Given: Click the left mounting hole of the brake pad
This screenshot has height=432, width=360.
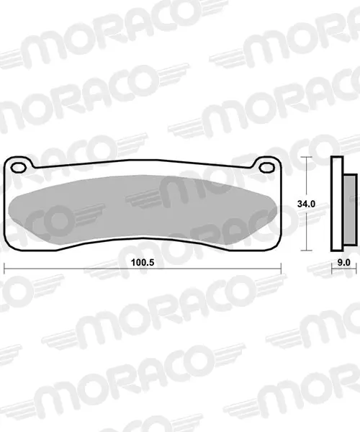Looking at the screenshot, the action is tap(19, 167).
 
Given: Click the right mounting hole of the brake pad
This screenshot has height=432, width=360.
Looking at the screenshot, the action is tap(267, 167).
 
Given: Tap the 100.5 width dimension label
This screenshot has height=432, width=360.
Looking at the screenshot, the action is tap(143, 263).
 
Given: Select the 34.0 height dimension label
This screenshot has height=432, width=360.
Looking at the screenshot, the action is tap(306, 204).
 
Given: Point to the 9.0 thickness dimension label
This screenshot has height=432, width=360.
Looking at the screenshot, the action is tap(344, 263).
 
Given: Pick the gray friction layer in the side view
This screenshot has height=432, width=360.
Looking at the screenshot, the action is tap(350, 210).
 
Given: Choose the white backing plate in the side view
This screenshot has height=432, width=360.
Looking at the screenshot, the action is tap(337, 204).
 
